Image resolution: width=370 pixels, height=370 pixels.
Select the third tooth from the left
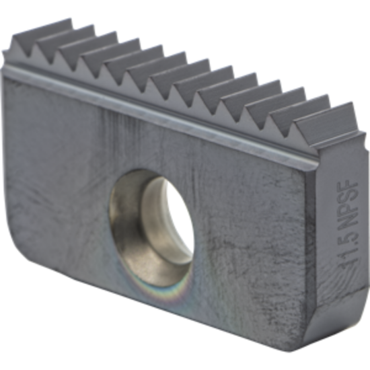tap(71, 48)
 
